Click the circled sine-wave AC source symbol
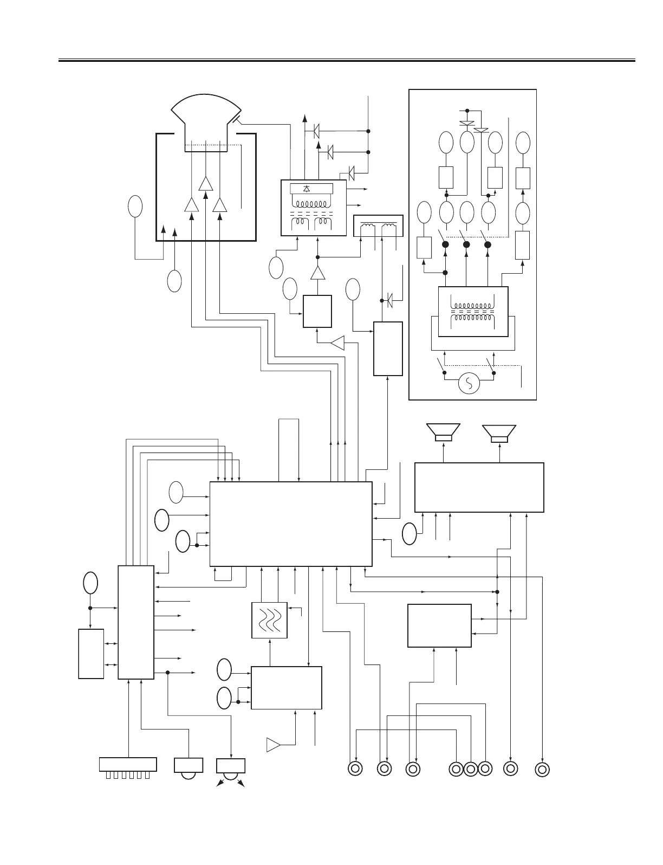tap(469, 384)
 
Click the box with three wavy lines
tap(270, 620)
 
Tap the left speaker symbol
tap(444, 432)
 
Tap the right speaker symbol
tap(499, 432)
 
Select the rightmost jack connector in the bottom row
tap(542, 770)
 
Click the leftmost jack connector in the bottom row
tap(355, 769)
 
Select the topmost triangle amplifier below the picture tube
tap(205, 183)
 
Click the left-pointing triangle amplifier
tap(337, 343)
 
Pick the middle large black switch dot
tap(467, 245)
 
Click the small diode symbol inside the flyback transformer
tap(307, 189)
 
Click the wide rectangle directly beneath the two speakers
tap(479, 487)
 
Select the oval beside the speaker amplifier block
tap(409, 533)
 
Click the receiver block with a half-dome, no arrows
tap(188, 767)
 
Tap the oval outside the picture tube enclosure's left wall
tap(135, 206)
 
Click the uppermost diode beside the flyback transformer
tap(316, 131)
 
